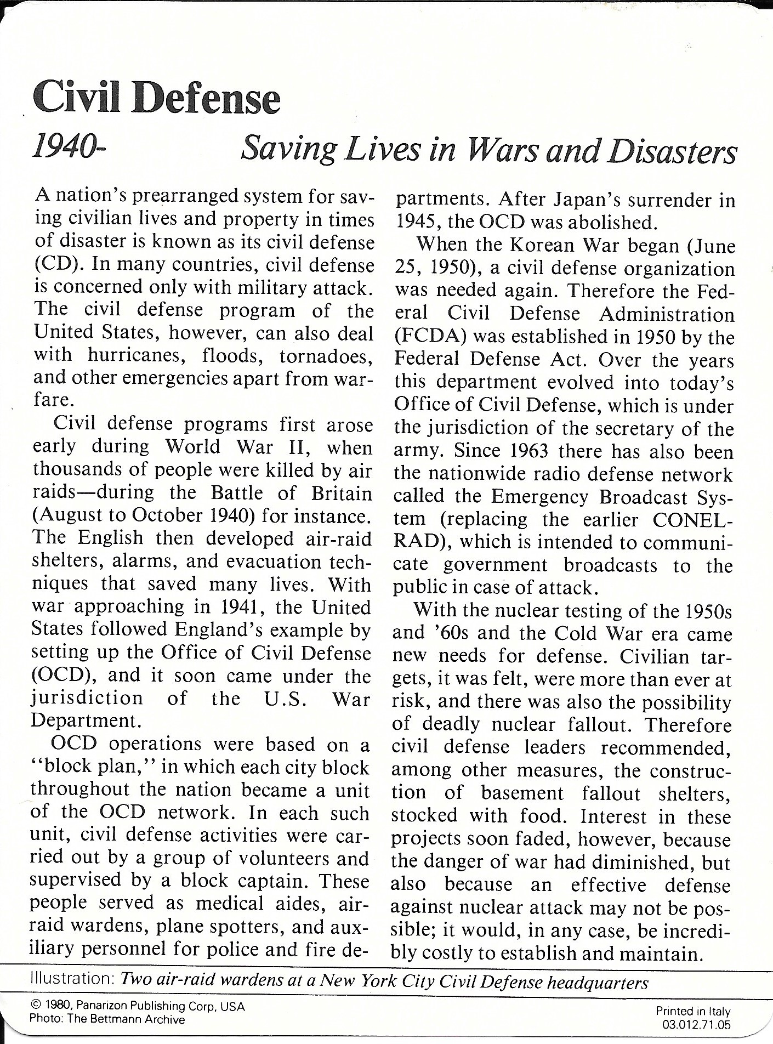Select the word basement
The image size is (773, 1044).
coord(522,793)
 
